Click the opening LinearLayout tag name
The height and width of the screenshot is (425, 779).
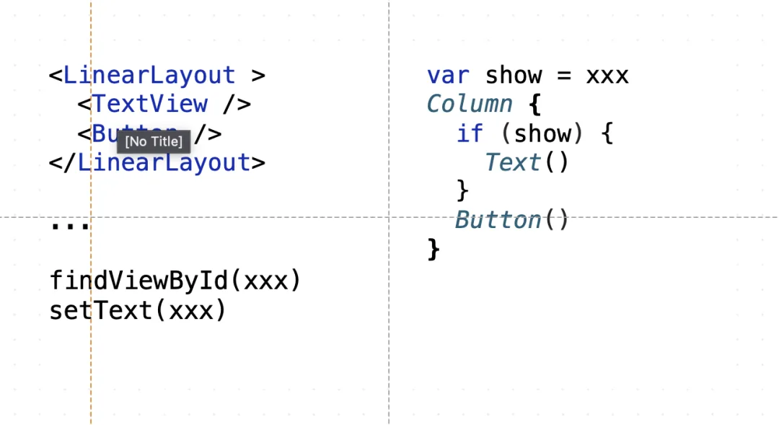(149, 76)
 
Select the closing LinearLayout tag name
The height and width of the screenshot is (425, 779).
(164, 163)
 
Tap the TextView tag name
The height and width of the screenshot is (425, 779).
(149, 104)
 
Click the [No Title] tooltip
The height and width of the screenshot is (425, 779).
(154, 141)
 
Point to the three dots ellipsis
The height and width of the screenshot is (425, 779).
(70, 226)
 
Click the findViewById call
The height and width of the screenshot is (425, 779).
(175, 281)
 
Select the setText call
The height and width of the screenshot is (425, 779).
(138, 310)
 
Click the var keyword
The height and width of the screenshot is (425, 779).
(448, 76)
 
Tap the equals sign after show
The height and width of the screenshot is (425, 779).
(564, 76)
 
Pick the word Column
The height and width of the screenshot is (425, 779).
(470, 105)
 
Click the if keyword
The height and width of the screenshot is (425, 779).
(470, 133)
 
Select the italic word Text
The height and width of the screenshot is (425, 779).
(513, 162)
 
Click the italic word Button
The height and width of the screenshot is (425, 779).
(498, 219)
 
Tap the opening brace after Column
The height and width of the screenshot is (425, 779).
(534, 105)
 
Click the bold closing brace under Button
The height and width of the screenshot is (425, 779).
(433, 249)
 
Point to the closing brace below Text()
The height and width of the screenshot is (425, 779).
(462, 191)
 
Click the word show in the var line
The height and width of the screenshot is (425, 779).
(514, 76)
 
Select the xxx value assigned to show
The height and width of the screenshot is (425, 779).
(607, 76)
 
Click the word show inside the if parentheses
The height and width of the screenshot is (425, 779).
(542, 133)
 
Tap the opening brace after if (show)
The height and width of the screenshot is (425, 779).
(607, 133)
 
